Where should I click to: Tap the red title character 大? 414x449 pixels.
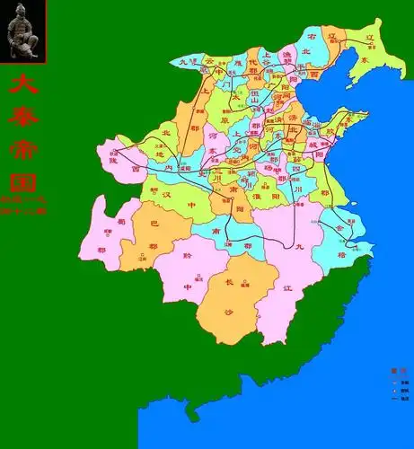pyautogui.click(x=22, y=85)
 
